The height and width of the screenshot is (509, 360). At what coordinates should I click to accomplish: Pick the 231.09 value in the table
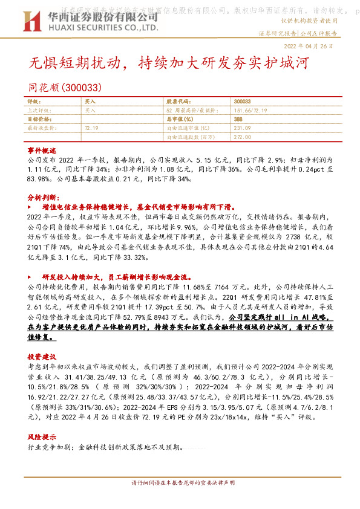pos(241,128)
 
